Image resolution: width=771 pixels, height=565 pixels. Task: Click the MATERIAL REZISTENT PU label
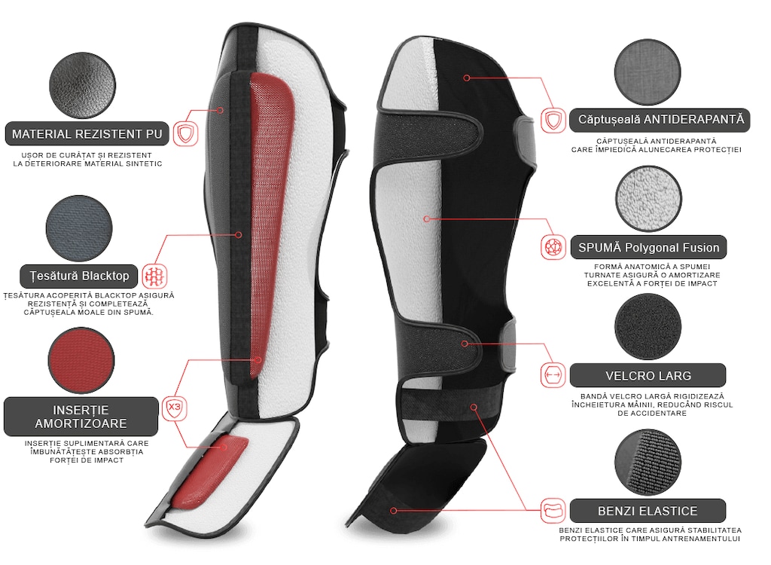(87, 134)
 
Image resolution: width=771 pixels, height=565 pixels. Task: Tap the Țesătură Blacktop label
(78, 276)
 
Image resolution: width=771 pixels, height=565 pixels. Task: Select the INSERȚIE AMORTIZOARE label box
(81, 417)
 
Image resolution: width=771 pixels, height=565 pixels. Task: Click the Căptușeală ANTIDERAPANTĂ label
(660, 120)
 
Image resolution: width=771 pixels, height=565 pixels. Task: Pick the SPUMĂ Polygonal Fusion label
(648, 248)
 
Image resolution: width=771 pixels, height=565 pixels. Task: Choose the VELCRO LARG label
(648, 375)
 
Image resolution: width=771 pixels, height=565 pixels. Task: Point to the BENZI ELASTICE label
(648, 511)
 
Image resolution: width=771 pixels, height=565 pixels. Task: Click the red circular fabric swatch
(81, 361)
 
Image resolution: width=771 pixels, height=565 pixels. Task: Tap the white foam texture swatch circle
(648, 199)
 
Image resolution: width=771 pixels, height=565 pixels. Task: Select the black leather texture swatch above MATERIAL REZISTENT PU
(83, 86)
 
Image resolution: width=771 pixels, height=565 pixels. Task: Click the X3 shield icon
(175, 408)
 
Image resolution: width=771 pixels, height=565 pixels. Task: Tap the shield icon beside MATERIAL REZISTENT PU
(185, 133)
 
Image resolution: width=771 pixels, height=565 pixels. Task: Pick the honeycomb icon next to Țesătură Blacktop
(155, 276)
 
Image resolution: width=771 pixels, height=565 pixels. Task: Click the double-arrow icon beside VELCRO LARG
(553, 375)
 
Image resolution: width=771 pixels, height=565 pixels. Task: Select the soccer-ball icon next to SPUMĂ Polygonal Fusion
(553, 247)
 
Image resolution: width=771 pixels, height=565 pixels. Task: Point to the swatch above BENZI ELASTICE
(648, 462)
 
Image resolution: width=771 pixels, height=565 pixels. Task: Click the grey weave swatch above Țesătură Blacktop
(79, 229)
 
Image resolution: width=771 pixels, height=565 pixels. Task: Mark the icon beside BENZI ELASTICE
(553, 511)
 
